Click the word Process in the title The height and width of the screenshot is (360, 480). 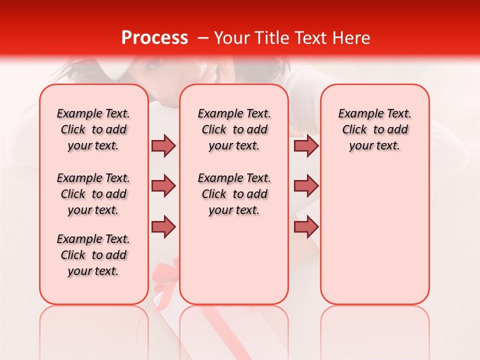click(x=154, y=38)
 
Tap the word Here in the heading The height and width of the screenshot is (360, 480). click(x=351, y=38)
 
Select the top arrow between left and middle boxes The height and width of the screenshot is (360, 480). click(x=163, y=145)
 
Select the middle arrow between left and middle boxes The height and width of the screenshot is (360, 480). click(x=163, y=186)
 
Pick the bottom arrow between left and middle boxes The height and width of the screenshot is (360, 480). click(x=163, y=226)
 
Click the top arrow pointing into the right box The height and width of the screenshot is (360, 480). click(x=306, y=145)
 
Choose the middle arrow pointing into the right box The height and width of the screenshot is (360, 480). click(x=306, y=186)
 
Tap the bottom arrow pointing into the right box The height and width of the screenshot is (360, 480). click(x=306, y=226)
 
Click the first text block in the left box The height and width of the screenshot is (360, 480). click(x=93, y=129)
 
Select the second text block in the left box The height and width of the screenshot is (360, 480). click(x=93, y=194)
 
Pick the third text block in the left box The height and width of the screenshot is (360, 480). click(x=93, y=255)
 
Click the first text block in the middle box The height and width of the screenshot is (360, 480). click(x=234, y=129)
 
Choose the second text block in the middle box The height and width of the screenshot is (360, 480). click(x=234, y=194)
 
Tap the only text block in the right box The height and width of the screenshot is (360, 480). click(x=374, y=129)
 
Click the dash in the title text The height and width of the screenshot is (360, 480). click(x=202, y=38)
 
